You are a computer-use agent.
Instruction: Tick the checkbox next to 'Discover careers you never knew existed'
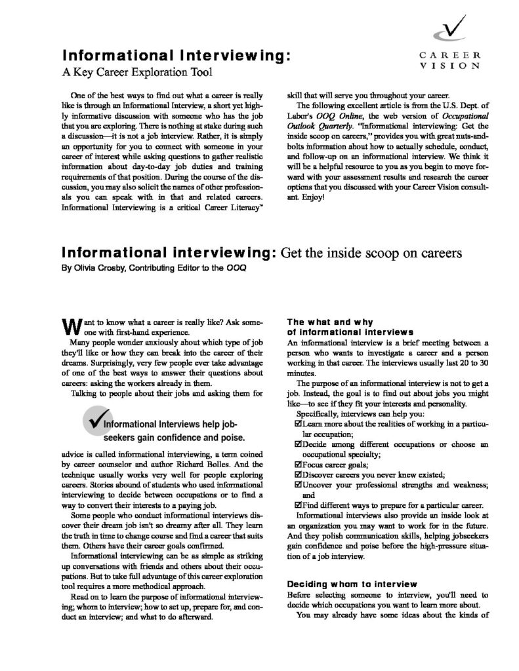(x=301, y=474)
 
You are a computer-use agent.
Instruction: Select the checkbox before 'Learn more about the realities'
(x=301, y=424)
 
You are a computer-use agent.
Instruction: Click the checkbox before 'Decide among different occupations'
(x=301, y=444)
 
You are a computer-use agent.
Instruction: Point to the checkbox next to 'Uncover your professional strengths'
(x=301, y=485)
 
